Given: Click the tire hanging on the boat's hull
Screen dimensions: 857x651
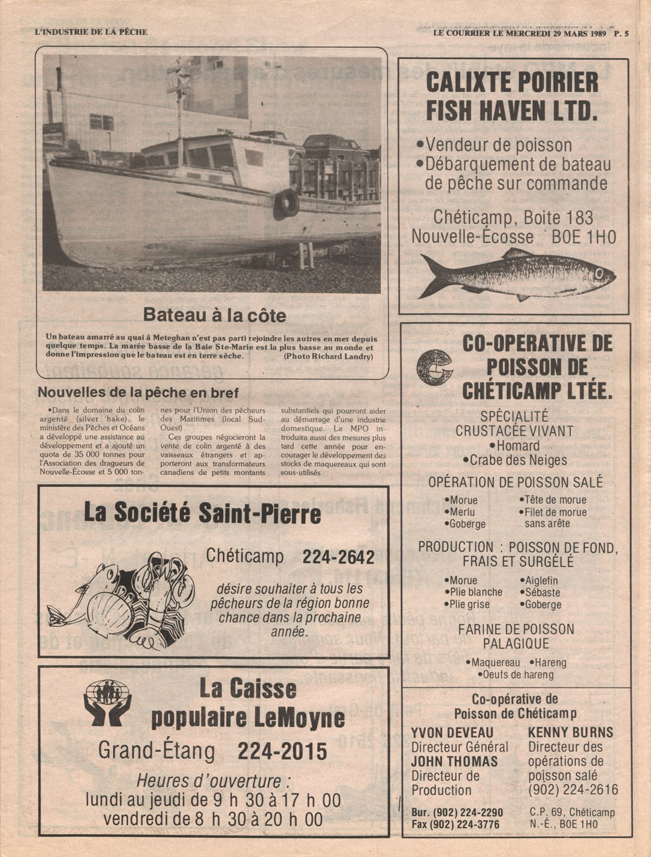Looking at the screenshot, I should [x=286, y=202].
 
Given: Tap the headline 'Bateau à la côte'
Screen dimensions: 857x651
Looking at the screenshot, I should [x=215, y=315].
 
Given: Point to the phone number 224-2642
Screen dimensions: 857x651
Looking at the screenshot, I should [x=338, y=557].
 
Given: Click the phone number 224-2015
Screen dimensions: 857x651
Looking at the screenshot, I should [x=282, y=751].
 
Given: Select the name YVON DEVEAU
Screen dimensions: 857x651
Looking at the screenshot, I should [x=452, y=733].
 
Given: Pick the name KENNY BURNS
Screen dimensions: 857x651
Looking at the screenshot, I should [x=570, y=732].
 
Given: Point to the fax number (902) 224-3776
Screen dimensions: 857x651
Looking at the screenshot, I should [x=457, y=825].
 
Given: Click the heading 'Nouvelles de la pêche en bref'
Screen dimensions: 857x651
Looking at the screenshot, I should [x=138, y=393].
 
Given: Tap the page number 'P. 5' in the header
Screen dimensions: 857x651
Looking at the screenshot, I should [x=621, y=34].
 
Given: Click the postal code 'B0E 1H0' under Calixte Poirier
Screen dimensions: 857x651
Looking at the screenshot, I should [x=583, y=237].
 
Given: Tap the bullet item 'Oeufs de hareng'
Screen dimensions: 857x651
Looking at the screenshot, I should [x=515, y=675].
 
